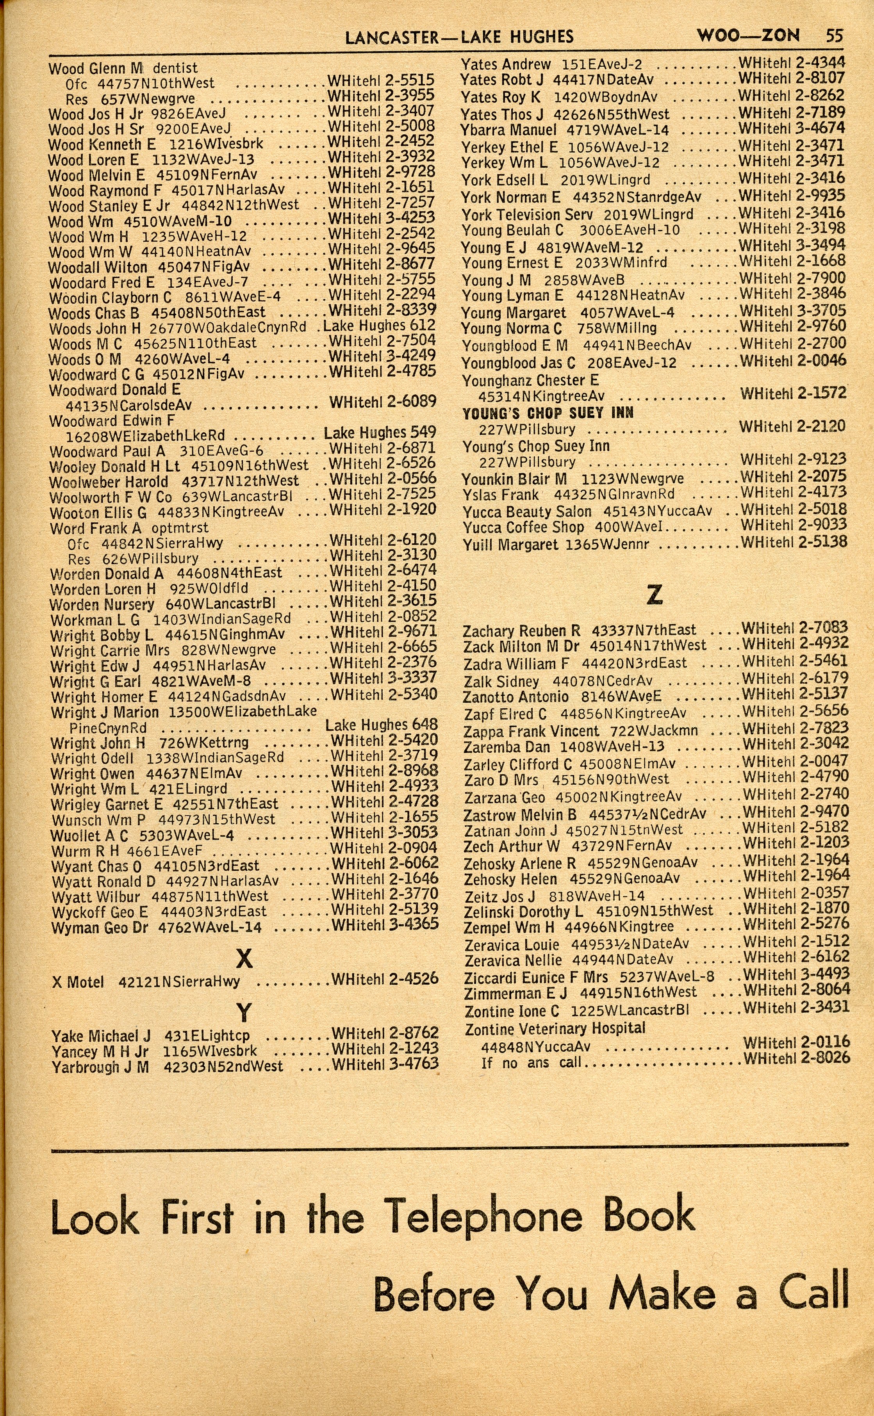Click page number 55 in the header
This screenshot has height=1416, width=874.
point(833,36)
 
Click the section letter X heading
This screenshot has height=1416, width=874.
point(244,959)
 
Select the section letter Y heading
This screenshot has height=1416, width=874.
point(244,1012)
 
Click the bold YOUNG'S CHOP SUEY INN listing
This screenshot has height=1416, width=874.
point(548,413)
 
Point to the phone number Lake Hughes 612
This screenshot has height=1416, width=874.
point(379,326)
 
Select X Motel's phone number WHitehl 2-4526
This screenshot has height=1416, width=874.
point(385,979)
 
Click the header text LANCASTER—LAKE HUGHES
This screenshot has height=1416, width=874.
point(459,37)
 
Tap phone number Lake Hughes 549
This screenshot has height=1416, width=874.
point(380,432)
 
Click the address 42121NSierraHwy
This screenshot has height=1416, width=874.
point(179,981)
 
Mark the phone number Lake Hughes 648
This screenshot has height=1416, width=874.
point(382,725)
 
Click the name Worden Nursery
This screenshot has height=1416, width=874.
point(102,604)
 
